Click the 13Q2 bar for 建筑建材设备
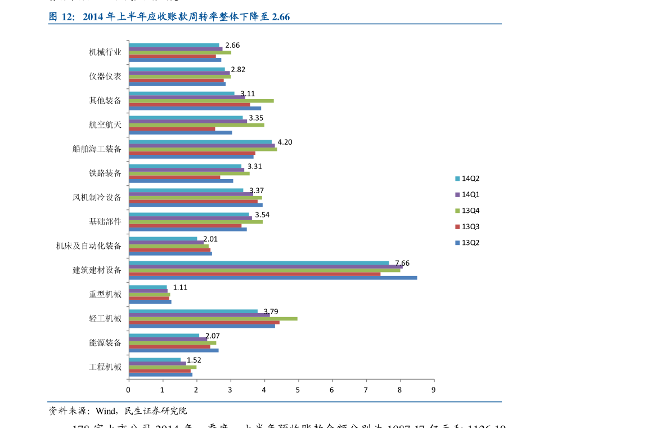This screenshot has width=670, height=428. (x=273, y=278)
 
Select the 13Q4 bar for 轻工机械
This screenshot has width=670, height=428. (x=213, y=319)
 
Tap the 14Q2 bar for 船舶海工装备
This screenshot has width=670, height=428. (x=200, y=142)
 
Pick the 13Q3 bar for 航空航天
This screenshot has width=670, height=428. (x=172, y=129)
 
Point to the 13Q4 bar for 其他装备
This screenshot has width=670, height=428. (x=201, y=101)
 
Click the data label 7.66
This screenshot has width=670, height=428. (x=402, y=263)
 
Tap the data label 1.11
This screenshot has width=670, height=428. (x=180, y=287)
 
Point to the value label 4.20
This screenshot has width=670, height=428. (x=285, y=142)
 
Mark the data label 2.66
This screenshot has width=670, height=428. (x=232, y=45)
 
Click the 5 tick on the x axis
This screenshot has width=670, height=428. (x=298, y=389)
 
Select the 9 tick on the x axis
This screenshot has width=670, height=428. (x=434, y=389)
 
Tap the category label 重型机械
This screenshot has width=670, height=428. (x=105, y=294)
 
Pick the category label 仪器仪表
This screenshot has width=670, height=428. (x=105, y=76)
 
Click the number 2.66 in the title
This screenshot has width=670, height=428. (x=280, y=17)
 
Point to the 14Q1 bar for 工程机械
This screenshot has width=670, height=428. (x=157, y=363)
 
